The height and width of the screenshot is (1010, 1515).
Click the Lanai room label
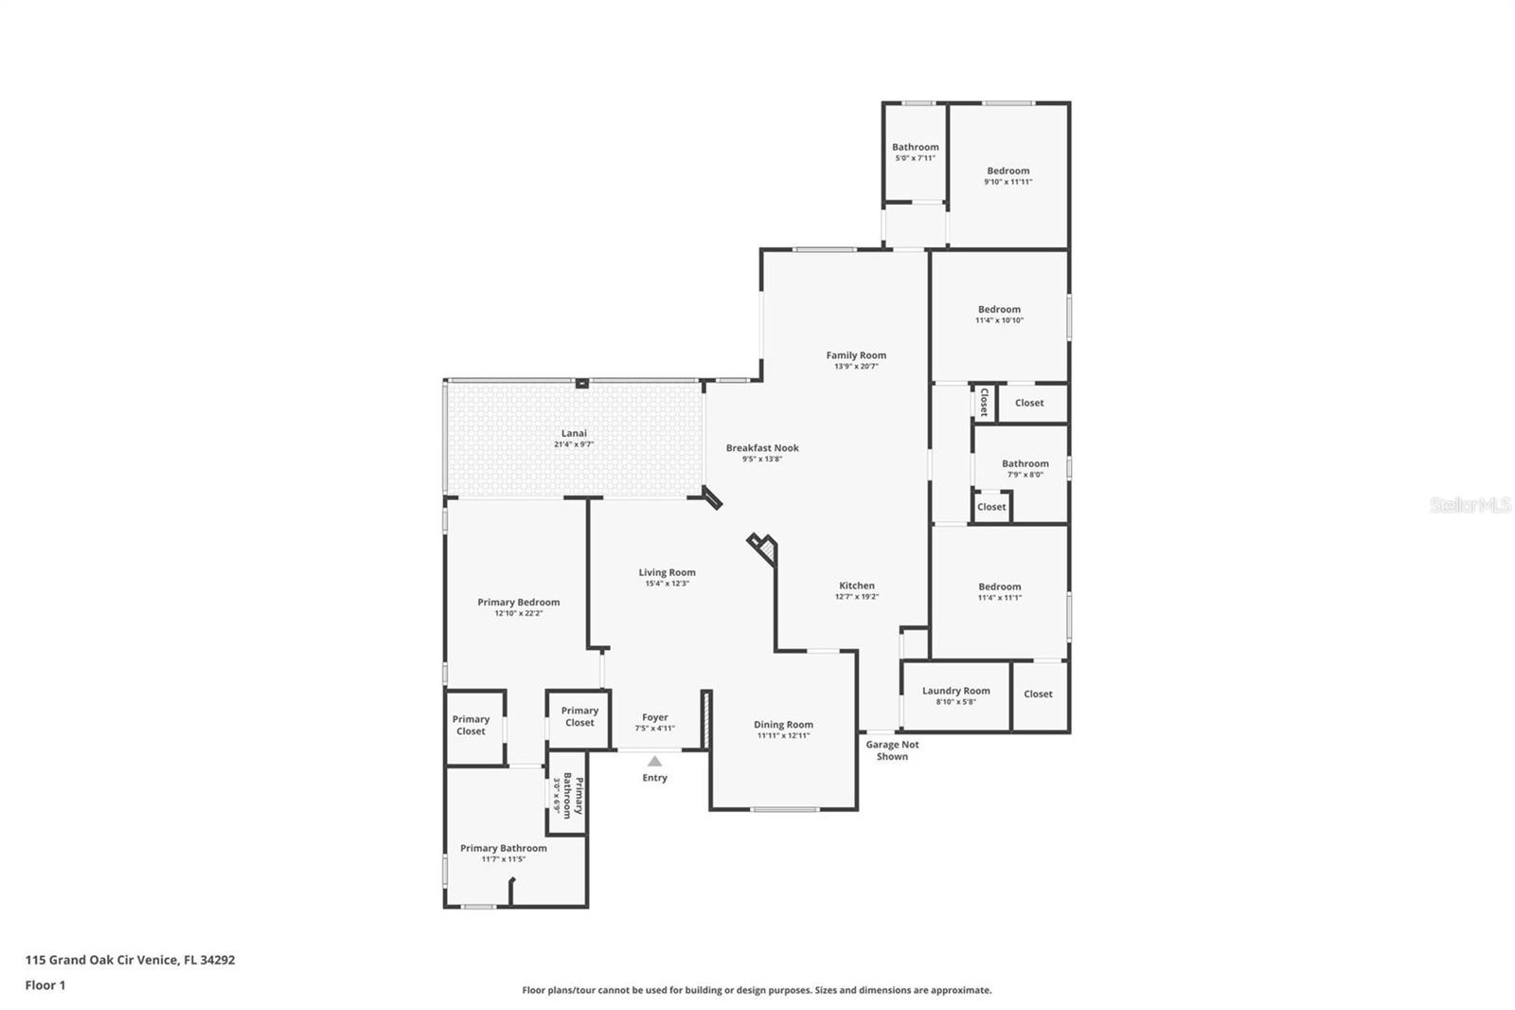tap(574, 433)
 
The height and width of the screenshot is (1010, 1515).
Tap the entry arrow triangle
tap(654, 761)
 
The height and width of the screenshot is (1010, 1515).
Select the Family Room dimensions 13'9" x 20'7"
tap(856, 367)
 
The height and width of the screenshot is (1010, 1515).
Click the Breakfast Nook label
tap(762, 448)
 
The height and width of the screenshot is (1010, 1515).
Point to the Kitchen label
tap(857, 586)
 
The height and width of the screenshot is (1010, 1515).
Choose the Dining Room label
tap(783, 725)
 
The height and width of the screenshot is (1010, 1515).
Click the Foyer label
tap(654, 717)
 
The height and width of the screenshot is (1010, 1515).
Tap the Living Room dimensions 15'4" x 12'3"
tap(667, 584)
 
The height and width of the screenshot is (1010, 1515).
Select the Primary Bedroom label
tap(518, 602)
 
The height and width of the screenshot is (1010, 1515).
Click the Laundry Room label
tap(955, 691)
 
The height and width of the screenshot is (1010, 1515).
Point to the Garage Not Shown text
tap(892, 750)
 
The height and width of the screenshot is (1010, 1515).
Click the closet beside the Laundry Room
tap(1038, 694)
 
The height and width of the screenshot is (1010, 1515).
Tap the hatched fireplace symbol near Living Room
tap(766, 549)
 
